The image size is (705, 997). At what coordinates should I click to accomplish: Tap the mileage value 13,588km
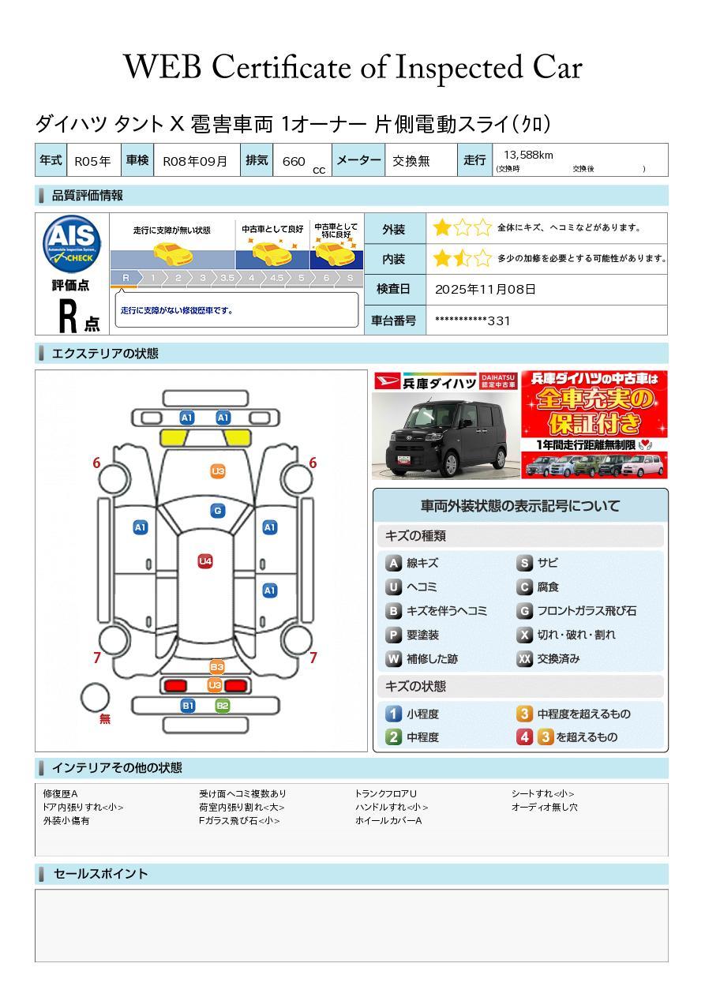(x=528, y=155)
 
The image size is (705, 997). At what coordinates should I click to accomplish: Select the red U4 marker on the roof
(x=205, y=561)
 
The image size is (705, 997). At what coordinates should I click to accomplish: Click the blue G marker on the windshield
(x=218, y=511)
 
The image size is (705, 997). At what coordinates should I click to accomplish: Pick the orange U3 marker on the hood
(x=218, y=471)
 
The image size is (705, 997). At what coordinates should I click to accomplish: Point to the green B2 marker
(x=223, y=705)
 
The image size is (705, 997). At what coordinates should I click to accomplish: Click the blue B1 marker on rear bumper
(x=188, y=705)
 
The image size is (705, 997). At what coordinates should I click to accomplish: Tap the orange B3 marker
(x=216, y=667)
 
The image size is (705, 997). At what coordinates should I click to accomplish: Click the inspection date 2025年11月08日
(x=485, y=289)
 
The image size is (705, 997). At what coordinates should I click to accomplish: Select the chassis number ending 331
(x=472, y=320)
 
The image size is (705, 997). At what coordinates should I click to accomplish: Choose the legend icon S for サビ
(x=524, y=563)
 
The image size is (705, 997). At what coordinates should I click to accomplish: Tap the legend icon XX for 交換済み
(x=524, y=658)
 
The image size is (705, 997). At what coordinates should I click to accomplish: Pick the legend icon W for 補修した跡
(x=393, y=658)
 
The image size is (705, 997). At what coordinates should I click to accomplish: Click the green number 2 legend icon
(x=393, y=737)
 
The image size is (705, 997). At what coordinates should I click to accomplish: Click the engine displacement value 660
(x=293, y=161)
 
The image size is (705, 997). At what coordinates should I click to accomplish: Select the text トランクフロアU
(x=385, y=793)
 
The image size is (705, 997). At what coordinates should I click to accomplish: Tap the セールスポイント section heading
(x=100, y=874)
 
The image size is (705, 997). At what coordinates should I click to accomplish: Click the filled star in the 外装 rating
(x=442, y=228)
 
